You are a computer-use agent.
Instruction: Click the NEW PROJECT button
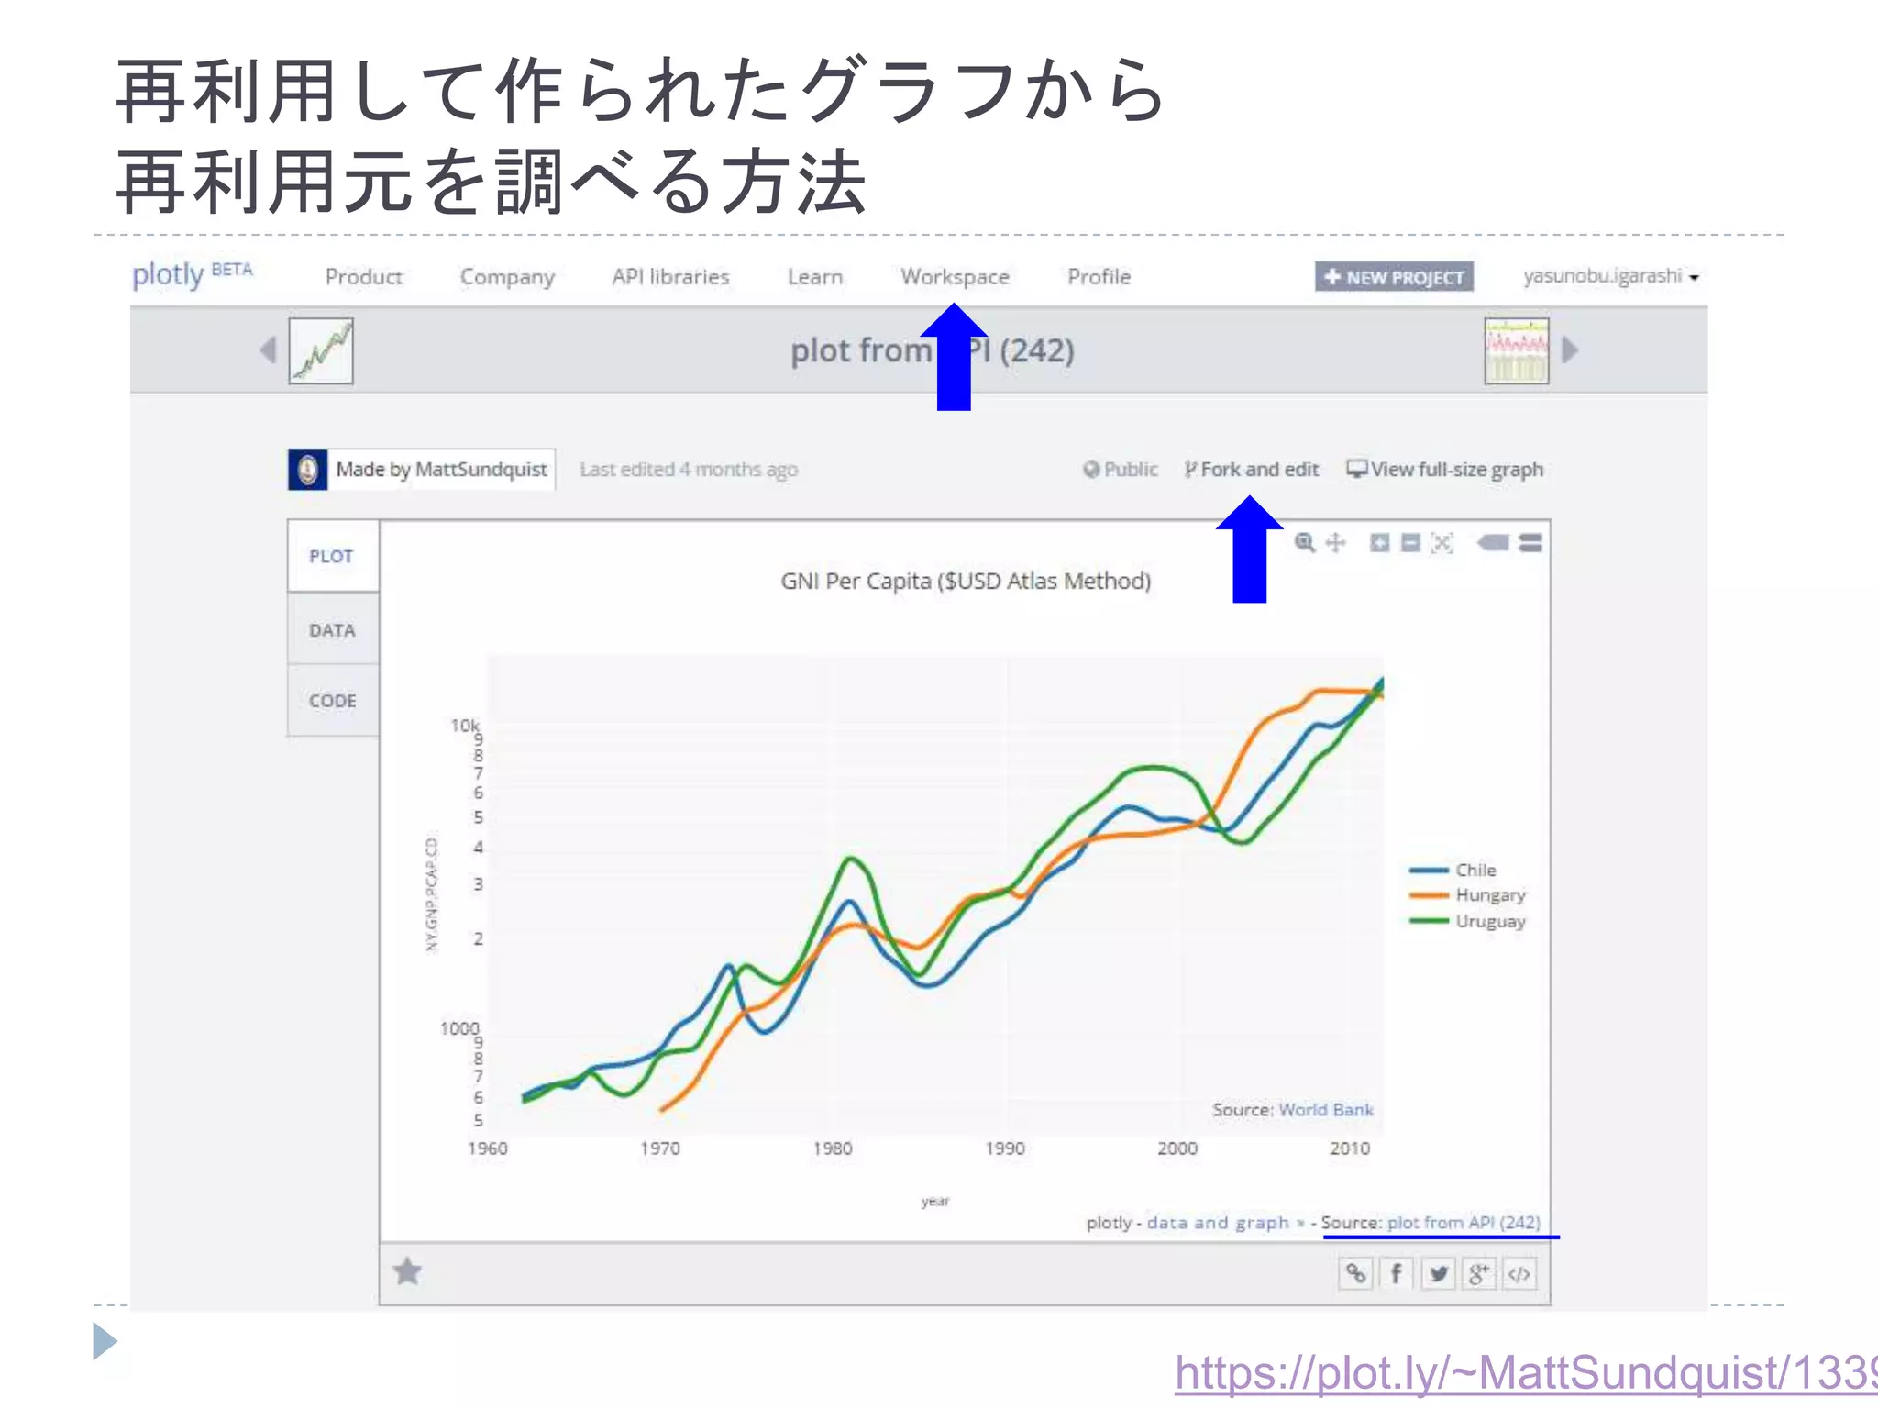point(1394,277)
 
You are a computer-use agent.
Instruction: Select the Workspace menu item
point(955,277)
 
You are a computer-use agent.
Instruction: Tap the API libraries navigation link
point(670,277)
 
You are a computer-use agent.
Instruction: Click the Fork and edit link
point(1252,470)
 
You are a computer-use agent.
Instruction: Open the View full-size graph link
point(1445,470)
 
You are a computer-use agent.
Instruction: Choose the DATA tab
point(332,630)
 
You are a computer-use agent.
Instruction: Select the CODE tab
point(332,701)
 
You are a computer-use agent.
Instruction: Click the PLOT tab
point(331,557)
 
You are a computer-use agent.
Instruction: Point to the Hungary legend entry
point(1489,895)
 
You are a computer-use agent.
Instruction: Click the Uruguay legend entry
point(1489,921)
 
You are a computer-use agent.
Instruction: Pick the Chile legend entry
point(1475,870)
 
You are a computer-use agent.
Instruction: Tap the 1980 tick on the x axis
point(833,1148)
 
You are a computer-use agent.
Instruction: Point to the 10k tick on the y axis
point(464,726)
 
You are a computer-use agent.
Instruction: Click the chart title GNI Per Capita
point(966,582)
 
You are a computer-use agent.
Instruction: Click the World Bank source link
point(1325,1110)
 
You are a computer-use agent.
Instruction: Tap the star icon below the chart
point(407,1272)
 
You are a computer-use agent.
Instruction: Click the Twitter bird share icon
point(1438,1274)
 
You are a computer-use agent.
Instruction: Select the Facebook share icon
point(1396,1274)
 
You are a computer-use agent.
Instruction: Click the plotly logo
point(168,274)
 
